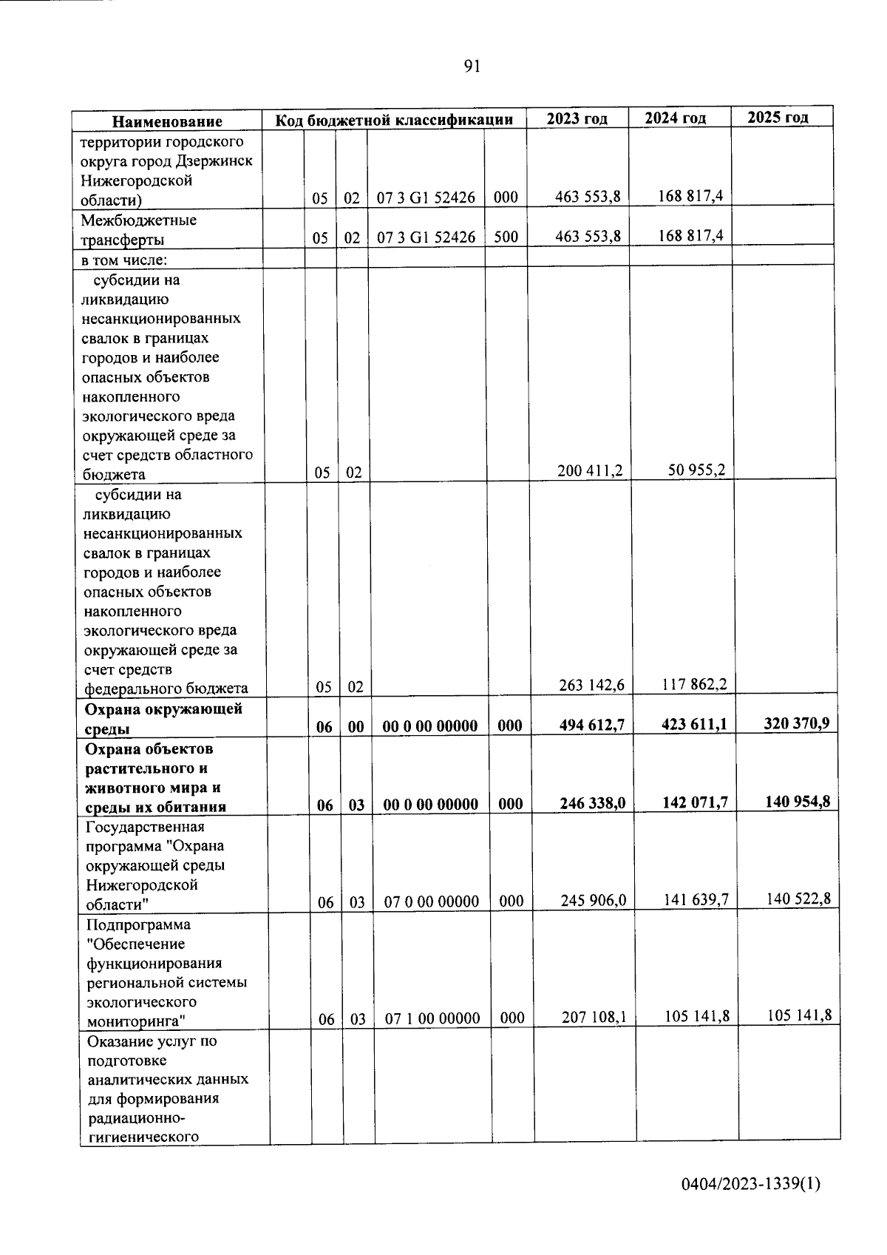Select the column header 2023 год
point(577,118)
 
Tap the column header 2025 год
point(778,117)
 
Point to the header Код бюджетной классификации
point(394,120)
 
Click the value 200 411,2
point(589,470)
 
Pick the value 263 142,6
point(591,685)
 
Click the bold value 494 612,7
point(592,725)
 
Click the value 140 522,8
point(798,899)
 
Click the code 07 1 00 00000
point(432,1018)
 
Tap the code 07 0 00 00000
point(432,901)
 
